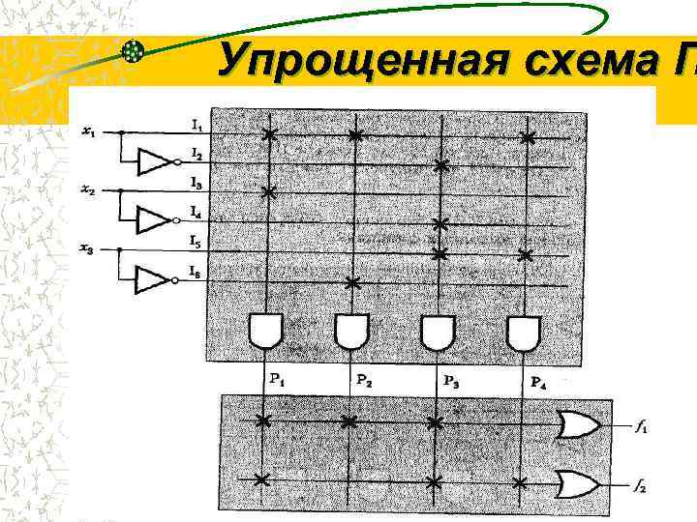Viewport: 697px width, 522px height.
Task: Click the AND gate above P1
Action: tap(264, 332)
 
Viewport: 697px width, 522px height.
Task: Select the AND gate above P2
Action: tap(350, 332)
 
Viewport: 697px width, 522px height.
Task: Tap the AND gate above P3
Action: tap(438, 332)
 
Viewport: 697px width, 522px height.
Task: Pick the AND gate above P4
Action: tap(524, 332)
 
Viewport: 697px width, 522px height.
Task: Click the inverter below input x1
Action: tap(155, 161)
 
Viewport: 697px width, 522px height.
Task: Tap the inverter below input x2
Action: tap(155, 220)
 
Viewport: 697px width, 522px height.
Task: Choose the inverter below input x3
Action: tap(155, 280)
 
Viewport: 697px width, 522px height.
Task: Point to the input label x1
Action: tap(88, 132)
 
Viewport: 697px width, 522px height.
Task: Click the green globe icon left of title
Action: tap(135, 52)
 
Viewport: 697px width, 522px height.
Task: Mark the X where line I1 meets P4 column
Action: tap(527, 138)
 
